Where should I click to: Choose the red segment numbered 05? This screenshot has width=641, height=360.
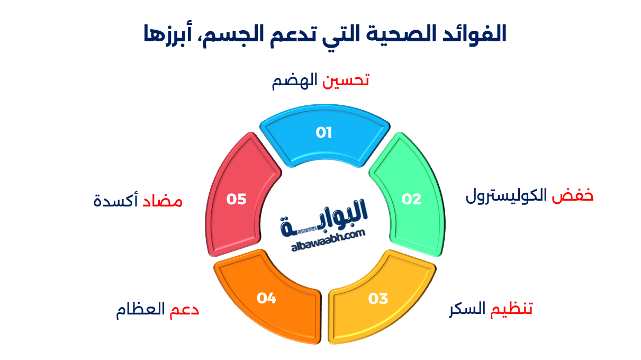pos(238,197)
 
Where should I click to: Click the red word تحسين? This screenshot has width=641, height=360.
pos(346,80)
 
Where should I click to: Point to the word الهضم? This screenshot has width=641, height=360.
pos(294,81)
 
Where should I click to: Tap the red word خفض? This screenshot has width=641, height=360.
pos(572,196)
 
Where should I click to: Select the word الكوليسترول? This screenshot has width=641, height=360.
pos(506,196)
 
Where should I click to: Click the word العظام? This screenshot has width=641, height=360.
pos(140,310)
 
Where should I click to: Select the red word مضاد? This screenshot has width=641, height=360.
pos(162,200)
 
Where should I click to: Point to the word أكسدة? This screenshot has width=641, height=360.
pos(115,200)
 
